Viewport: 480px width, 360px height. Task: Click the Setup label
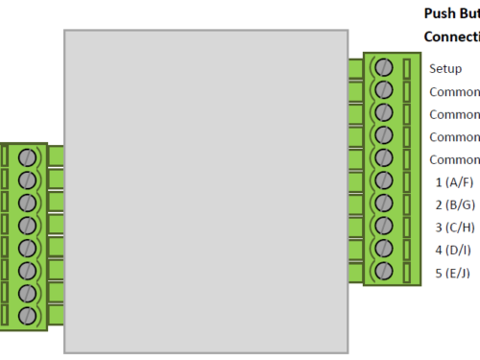(445, 69)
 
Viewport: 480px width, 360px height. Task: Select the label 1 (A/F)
(454, 182)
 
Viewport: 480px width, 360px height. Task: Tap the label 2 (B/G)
(454, 204)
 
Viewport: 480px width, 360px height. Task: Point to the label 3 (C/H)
(454, 228)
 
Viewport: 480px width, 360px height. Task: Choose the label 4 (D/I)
(453, 250)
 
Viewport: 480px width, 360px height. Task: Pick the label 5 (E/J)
(453, 273)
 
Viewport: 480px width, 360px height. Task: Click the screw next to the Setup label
(384, 67)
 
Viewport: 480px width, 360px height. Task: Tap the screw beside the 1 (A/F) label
(384, 180)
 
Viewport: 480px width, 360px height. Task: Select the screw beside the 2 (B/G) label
(384, 203)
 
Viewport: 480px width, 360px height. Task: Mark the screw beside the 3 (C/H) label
(384, 226)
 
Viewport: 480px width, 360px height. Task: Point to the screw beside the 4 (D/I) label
(384, 248)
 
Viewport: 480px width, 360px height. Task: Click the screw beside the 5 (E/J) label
(384, 271)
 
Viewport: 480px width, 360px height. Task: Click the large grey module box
(204, 190)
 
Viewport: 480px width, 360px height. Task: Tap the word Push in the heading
(439, 14)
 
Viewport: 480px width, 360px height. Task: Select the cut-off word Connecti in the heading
(451, 37)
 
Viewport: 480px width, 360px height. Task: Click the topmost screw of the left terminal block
(28, 156)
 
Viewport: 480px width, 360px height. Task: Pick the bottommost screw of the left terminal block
(28, 315)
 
